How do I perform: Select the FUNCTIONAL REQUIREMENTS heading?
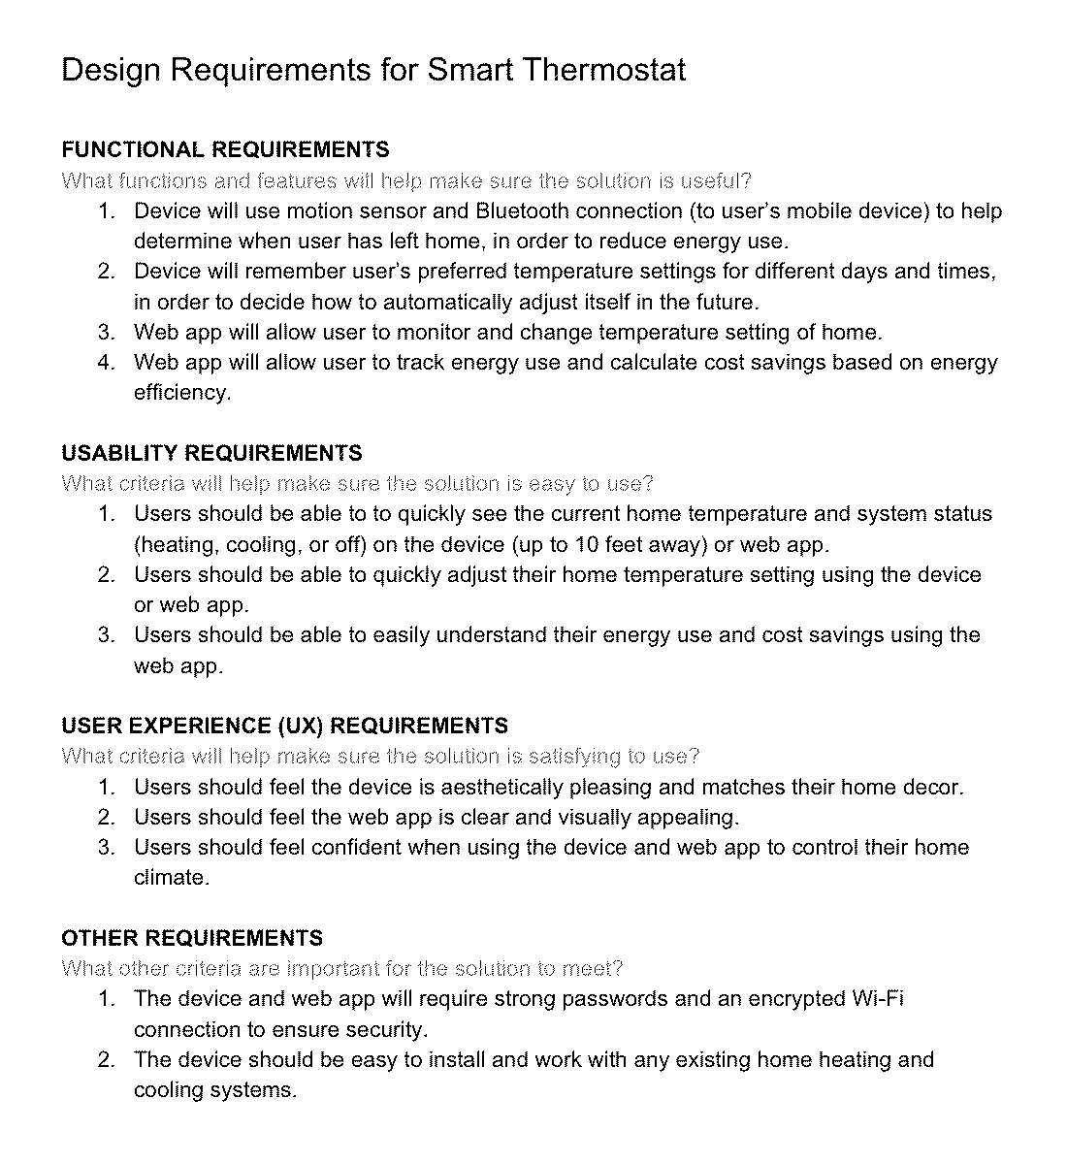(x=225, y=150)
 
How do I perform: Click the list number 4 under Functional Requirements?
(x=107, y=363)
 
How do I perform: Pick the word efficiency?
(x=182, y=393)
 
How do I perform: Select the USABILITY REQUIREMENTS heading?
(x=211, y=453)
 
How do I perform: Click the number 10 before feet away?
(x=587, y=544)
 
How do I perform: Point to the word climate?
(x=171, y=878)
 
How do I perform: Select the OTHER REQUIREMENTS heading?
(x=192, y=939)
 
